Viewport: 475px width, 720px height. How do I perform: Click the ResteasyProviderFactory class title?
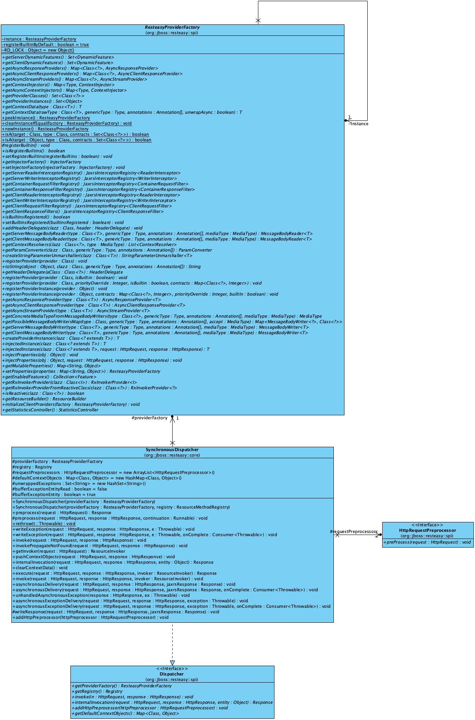172,28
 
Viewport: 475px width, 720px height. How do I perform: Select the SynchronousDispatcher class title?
172,450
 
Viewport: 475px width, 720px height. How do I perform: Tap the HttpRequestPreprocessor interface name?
427,530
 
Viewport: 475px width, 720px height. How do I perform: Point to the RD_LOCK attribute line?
38,50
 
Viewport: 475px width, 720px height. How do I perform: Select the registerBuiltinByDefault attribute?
45,44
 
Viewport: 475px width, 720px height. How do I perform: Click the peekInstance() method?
46,118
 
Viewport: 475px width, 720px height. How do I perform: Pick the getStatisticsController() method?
50,410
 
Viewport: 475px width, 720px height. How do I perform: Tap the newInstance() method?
45,129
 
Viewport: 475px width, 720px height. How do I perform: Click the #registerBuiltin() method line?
26,145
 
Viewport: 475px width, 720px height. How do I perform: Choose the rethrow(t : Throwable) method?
44,524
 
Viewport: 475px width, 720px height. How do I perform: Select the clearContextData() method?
40,568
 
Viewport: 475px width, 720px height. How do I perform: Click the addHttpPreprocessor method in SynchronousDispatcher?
90,617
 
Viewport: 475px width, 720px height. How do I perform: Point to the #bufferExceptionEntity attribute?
54,494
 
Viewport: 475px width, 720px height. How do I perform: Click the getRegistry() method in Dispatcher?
97,691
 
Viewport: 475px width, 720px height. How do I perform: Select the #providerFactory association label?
149,418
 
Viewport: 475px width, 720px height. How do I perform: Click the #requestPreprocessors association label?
353,531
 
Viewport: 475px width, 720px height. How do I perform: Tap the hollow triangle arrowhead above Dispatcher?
172,663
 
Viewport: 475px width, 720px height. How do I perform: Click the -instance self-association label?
359,124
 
